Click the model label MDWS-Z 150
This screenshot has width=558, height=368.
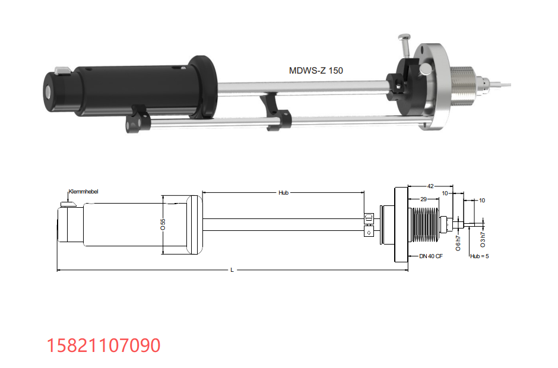pyautogui.click(x=316, y=71)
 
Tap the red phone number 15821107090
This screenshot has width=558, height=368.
pyautogui.click(x=103, y=345)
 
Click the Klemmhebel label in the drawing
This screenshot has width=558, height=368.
pyautogui.click(x=83, y=192)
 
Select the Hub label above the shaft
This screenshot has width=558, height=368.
pyautogui.click(x=283, y=192)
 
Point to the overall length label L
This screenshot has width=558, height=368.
pyautogui.click(x=232, y=270)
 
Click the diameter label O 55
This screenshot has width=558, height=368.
pyautogui.click(x=163, y=224)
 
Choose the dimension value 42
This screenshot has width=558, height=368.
pyautogui.click(x=430, y=186)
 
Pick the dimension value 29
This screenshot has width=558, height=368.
pyautogui.click(x=423, y=199)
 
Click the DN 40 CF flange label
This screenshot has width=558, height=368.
pyautogui.click(x=431, y=256)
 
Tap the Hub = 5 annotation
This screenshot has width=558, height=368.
pyautogui.click(x=480, y=256)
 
